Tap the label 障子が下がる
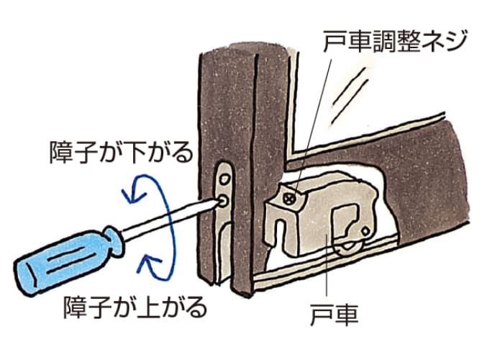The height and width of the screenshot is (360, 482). click(x=122, y=152)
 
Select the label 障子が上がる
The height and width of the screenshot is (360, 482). click(x=135, y=307)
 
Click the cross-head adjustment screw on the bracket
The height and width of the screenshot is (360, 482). click(x=289, y=199)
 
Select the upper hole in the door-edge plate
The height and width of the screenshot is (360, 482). click(x=225, y=179)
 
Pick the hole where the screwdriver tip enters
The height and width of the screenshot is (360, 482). click(x=224, y=201)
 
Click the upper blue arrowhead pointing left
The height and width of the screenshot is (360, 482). click(x=132, y=196)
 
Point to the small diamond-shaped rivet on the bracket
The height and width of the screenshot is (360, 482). click(x=365, y=230)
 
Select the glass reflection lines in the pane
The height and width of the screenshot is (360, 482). click(x=350, y=94)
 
